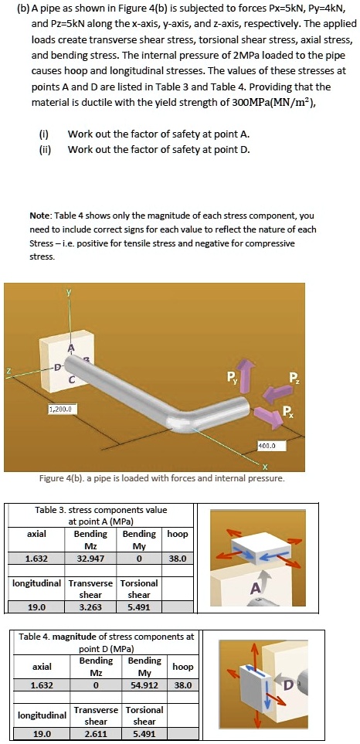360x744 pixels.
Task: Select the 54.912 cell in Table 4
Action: point(144,685)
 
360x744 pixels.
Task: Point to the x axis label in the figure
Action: point(264,465)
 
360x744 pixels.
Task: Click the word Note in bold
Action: point(40,216)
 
